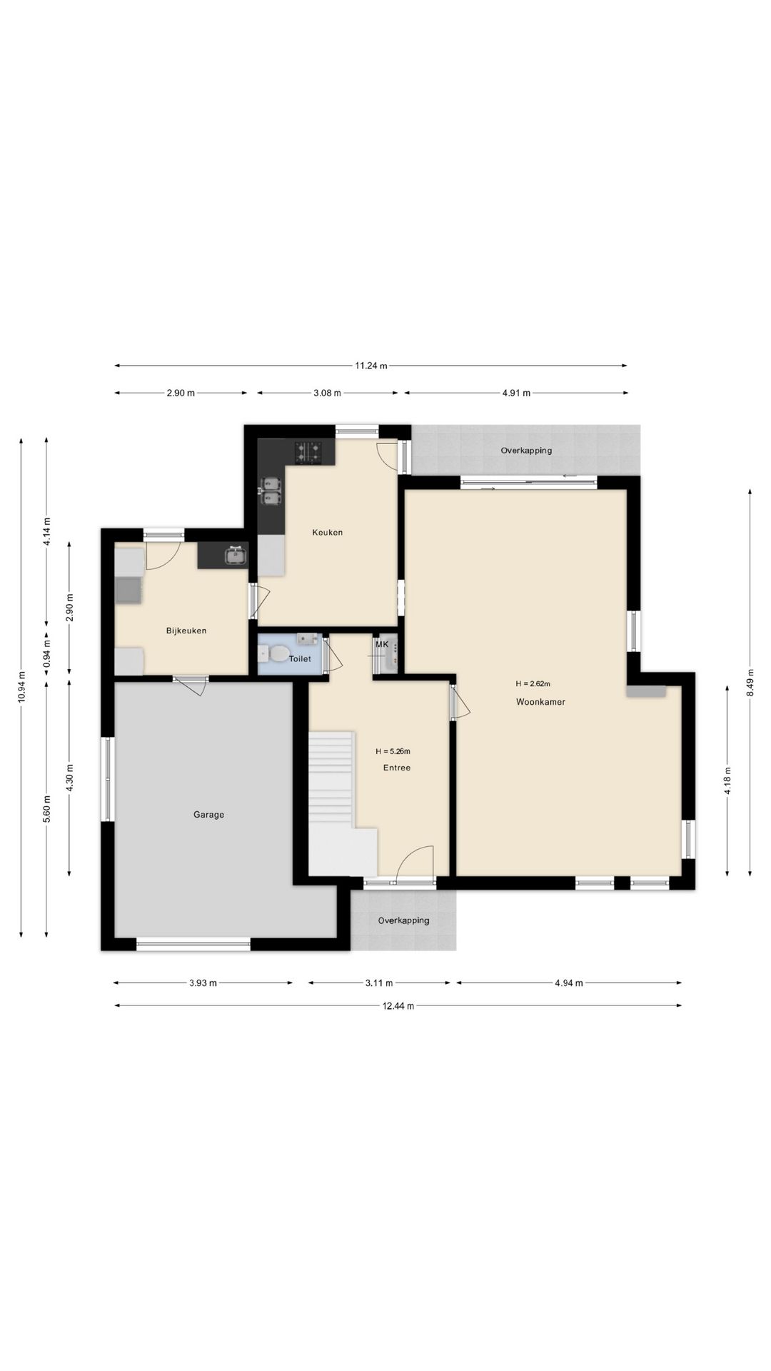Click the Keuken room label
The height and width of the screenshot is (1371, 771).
point(327,532)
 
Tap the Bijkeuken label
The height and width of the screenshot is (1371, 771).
point(186,631)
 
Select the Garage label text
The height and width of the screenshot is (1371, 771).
point(208,814)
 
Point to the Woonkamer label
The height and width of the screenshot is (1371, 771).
point(540,702)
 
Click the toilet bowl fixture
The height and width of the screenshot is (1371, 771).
point(275,653)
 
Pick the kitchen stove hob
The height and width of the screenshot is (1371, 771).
point(308,451)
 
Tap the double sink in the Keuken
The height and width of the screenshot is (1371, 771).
point(271,491)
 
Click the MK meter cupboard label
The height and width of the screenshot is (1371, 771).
point(382,645)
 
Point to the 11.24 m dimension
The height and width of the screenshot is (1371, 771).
point(371,366)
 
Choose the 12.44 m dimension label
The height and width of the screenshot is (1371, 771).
point(398,1006)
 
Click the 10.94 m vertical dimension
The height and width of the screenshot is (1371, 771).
point(21,687)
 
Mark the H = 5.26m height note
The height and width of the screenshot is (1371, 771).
point(393,751)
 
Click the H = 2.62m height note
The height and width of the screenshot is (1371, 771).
point(533,684)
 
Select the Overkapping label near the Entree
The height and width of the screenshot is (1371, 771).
point(403,920)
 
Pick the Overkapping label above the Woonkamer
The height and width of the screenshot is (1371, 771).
point(526,451)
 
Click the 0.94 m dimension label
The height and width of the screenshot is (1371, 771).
point(46,654)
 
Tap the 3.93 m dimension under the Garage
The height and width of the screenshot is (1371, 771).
point(203,983)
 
